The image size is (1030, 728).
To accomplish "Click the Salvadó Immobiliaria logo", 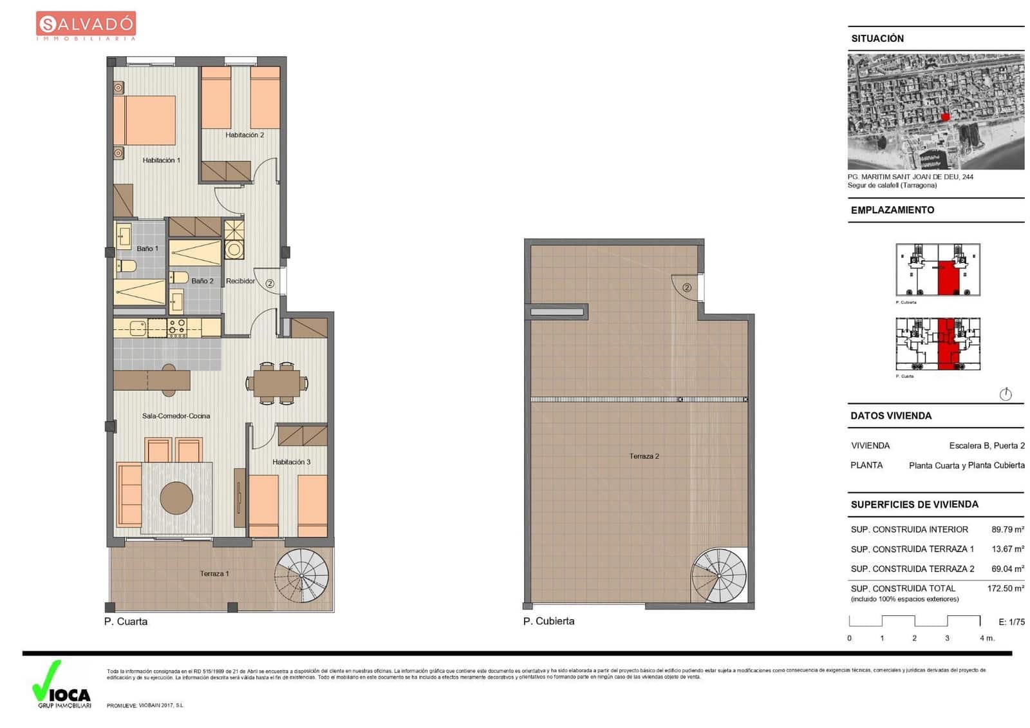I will click(86, 26).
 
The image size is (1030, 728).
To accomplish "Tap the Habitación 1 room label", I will click(161, 160).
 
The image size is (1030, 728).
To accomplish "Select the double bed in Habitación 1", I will click(145, 120).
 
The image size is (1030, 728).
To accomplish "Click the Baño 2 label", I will click(202, 281).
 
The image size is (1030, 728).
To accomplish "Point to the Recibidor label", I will click(240, 281).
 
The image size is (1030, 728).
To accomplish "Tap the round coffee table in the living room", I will click(176, 497).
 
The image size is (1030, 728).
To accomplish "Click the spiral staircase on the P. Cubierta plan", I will click(719, 575).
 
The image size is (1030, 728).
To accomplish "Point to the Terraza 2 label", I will click(644, 456).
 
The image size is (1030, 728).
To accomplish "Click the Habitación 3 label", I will click(291, 462).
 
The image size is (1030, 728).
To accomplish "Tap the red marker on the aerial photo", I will click(945, 117).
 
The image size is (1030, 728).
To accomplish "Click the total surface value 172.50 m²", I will click(1006, 588).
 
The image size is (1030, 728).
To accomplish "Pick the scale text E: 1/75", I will click(1011, 622).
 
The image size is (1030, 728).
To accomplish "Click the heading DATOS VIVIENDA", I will click(891, 416).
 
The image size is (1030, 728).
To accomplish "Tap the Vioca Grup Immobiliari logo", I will click(62, 685).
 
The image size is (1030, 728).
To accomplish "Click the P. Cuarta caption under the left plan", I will click(126, 622).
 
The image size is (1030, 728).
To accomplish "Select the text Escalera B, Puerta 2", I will click(986, 445).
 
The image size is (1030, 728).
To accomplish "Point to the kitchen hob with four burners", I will click(177, 328).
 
